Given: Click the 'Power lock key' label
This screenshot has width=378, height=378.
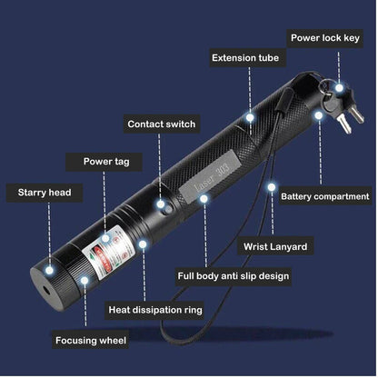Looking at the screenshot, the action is click(x=325, y=38).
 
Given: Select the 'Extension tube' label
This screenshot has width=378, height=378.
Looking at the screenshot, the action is click(x=245, y=58).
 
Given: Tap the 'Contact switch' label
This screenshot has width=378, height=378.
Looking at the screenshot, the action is click(x=162, y=124).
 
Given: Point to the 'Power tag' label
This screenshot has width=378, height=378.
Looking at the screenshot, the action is click(x=106, y=162).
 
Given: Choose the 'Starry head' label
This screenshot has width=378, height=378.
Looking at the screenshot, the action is click(x=45, y=193).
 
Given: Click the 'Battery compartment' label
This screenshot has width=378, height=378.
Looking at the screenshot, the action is click(x=325, y=196).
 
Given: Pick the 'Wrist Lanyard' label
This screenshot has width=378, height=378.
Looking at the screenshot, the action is click(x=275, y=246).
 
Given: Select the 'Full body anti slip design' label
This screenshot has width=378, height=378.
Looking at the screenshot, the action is click(x=234, y=276).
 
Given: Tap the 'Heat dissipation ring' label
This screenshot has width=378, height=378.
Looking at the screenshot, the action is click(x=155, y=310).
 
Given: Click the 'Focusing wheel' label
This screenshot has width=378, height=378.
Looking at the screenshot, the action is click(x=91, y=340).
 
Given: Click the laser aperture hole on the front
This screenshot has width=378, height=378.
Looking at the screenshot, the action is click(x=46, y=290).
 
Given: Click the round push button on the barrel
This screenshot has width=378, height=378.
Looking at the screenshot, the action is click(x=167, y=210).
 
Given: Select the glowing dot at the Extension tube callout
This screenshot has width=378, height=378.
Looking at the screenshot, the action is click(x=250, y=117).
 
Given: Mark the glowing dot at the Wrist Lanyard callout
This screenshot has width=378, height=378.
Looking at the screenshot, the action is click(x=272, y=187).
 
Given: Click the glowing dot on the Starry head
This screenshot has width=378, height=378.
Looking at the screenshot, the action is click(x=49, y=270).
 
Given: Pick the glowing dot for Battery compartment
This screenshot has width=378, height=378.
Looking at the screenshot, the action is click(x=318, y=115).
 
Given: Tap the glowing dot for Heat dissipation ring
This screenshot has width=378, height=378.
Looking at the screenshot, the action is click(x=143, y=244).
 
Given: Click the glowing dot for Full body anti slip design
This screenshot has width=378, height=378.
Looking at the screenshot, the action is click(x=204, y=199).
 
